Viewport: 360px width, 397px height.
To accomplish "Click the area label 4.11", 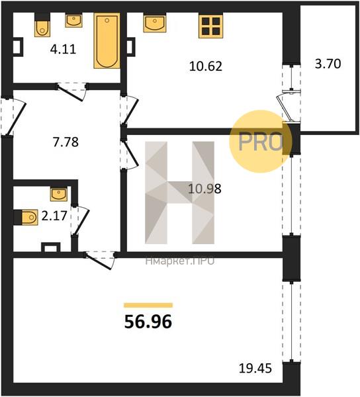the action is pyautogui.click(x=63, y=49).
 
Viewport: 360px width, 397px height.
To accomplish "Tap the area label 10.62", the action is pyautogui.click(x=206, y=66).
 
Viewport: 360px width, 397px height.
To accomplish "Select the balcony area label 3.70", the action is pyautogui.click(x=328, y=64).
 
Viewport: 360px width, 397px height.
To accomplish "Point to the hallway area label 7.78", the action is pyautogui.click(x=66, y=142).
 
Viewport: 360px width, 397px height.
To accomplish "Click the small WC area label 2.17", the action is pyautogui.click(x=54, y=216).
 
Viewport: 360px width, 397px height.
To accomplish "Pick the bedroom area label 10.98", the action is pyautogui.click(x=204, y=189).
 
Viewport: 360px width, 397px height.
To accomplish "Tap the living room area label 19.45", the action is pyautogui.click(x=255, y=369).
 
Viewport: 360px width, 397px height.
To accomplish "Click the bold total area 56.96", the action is pyautogui.click(x=148, y=322).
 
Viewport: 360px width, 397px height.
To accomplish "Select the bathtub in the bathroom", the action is pyautogui.click(x=107, y=41).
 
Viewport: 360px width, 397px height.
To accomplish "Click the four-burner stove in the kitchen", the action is pyautogui.click(x=210, y=26).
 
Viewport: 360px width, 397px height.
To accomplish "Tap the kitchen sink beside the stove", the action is pyautogui.click(x=155, y=23).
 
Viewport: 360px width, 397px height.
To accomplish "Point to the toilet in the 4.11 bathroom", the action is pyautogui.click(x=42, y=25).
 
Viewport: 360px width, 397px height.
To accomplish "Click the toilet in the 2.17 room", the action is pyautogui.click(x=26, y=217).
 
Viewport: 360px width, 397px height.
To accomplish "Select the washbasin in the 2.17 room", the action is pyautogui.click(x=59, y=195).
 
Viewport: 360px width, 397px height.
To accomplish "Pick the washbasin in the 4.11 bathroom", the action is pyautogui.click(x=73, y=21).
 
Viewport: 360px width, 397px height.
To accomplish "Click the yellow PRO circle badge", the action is pyautogui.click(x=261, y=142).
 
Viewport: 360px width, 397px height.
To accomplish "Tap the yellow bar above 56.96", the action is pyautogui.click(x=148, y=305).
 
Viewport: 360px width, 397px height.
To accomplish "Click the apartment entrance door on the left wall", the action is pyautogui.click(x=13, y=117).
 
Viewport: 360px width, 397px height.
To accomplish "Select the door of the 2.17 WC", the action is pyautogui.click(x=80, y=221).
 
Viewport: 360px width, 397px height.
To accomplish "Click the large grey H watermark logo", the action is pyautogui.click(x=179, y=193).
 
